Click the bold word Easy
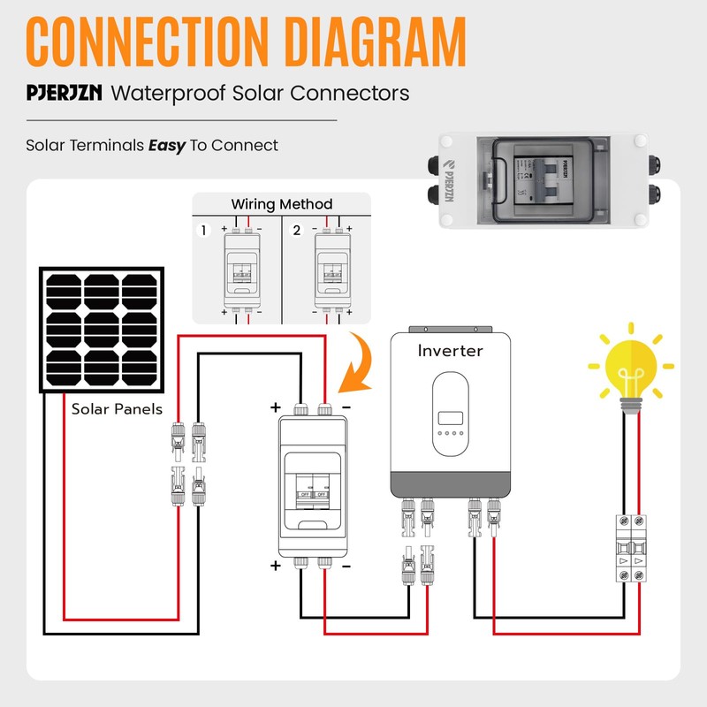click(166, 145)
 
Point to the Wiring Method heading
click(282, 204)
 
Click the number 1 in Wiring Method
click(203, 231)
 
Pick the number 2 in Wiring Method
click(297, 231)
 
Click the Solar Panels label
click(117, 409)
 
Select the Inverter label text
click(450, 351)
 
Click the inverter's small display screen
click(450, 418)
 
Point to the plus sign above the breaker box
click(275, 407)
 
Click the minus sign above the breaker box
click(346, 407)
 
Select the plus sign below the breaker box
click(275, 566)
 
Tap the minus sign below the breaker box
click(346, 566)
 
